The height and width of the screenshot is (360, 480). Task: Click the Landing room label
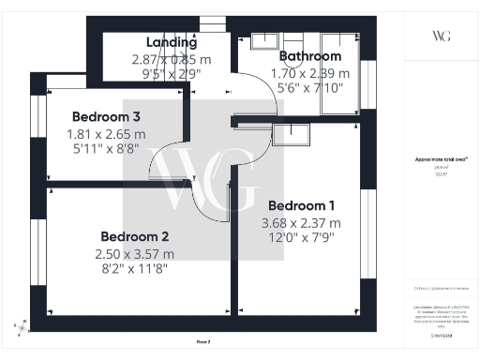click(172, 42)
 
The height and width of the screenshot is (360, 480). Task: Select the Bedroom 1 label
click(301, 205)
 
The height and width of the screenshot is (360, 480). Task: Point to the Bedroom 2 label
click(134, 236)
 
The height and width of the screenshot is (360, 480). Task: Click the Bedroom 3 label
click(106, 117)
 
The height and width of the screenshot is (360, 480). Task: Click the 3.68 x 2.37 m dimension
click(301, 223)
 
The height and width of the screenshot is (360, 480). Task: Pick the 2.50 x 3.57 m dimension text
click(134, 254)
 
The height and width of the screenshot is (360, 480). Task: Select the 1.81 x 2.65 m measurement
click(106, 134)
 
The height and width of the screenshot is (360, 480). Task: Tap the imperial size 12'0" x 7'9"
click(301, 240)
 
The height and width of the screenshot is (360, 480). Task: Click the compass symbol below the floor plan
click(22, 325)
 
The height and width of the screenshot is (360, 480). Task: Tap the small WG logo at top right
click(441, 36)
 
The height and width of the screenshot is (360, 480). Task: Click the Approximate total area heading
click(441, 160)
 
